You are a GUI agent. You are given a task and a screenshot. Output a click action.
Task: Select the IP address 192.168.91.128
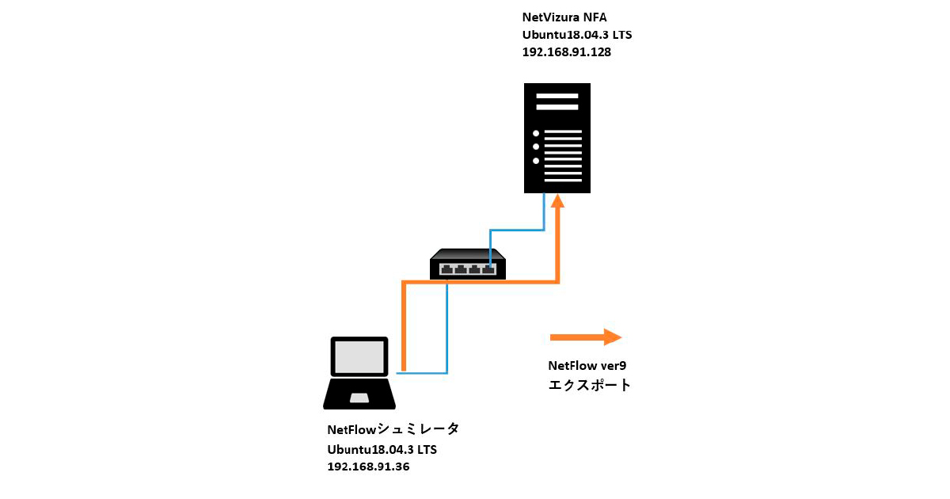pyautogui.click(x=567, y=52)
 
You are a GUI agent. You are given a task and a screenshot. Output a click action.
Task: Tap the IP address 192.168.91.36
pyautogui.click(x=368, y=467)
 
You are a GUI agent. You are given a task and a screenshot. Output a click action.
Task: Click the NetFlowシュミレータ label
pyautogui.click(x=393, y=430)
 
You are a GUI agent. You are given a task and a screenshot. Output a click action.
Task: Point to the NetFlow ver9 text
pyautogui.click(x=587, y=366)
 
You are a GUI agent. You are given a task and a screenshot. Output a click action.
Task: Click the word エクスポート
pyautogui.click(x=590, y=386)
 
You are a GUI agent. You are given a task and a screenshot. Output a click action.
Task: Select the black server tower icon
pyautogui.click(x=557, y=139)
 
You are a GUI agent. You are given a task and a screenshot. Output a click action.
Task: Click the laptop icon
pyautogui.click(x=360, y=372)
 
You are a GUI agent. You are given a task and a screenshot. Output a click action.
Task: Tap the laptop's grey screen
pyautogui.click(x=360, y=357)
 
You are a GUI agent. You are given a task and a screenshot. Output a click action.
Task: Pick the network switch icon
pyautogui.click(x=468, y=264)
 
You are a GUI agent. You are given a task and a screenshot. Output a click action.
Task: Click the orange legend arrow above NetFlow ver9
pyautogui.click(x=586, y=337)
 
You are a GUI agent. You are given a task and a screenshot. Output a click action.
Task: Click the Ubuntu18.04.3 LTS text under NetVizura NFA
pyautogui.click(x=577, y=35)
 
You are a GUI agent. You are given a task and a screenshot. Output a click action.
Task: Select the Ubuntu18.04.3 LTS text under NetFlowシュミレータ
pyautogui.click(x=382, y=449)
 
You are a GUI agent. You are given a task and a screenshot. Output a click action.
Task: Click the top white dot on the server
pyautogui.click(x=536, y=133)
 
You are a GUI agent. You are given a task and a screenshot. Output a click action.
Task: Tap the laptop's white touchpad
pyautogui.click(x=360, y=397)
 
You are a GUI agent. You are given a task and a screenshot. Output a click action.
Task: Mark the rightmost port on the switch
pyautogui.click(x=489, y=269)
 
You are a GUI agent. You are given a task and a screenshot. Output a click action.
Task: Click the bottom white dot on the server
pyautogui.click(x=536, y=161)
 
